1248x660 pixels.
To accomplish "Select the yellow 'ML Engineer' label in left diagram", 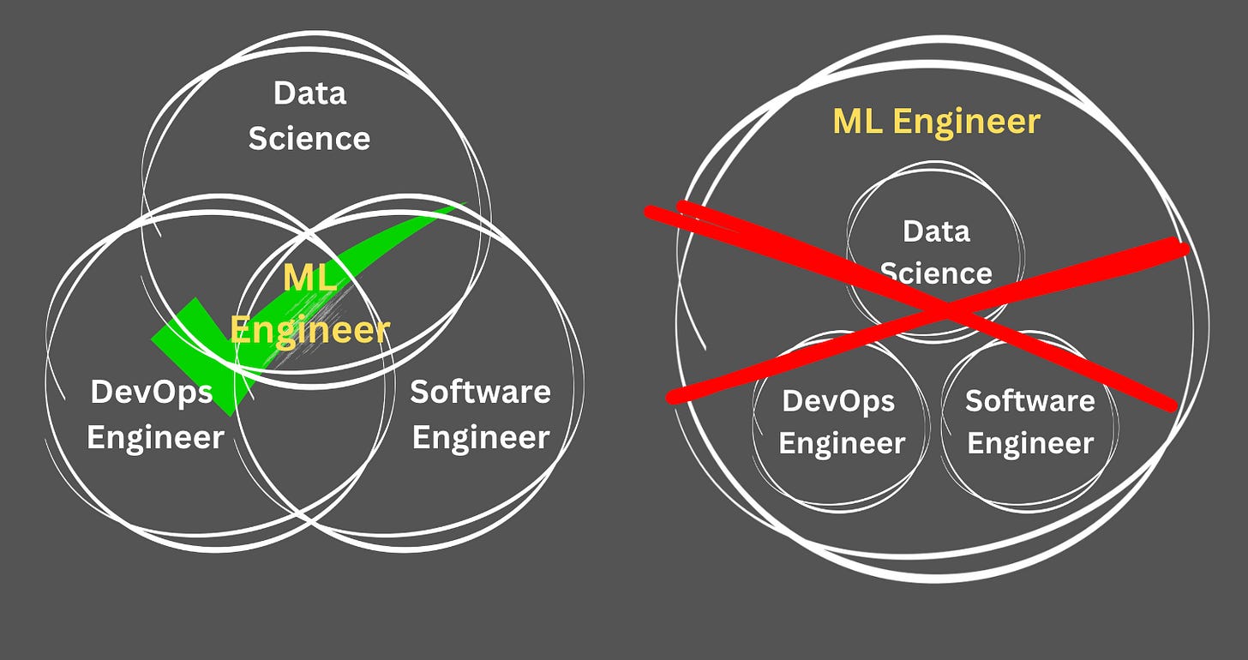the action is [x=309, y=303].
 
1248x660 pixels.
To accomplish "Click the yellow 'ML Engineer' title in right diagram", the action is [x=936, y=122].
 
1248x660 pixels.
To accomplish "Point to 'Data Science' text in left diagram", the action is [x=309, y=116].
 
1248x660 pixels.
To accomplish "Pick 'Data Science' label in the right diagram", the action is [x=936, y=252].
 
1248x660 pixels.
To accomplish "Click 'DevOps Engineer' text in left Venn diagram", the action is [x=155, y=414].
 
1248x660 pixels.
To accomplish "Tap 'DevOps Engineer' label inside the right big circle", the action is [x=842, y=422].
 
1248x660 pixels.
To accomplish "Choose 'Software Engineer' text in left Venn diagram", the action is [x=480, y=414].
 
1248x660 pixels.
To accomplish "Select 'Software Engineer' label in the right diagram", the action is [x=1030, y=422].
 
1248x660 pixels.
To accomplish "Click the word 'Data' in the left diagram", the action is [x=309, y=93].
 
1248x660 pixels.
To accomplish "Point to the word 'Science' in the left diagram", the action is [x=309, y=138].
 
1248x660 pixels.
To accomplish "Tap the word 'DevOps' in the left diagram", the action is [x=152, y=393].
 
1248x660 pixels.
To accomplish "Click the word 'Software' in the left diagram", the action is [x=480, y=392].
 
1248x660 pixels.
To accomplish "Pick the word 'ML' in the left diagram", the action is [x=309, y=278].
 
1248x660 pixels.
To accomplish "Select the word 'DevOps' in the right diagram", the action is [x=839, y=401].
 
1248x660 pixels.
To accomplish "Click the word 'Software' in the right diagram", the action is [x=1030, y=400].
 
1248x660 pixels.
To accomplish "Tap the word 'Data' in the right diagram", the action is [x=936, y=231].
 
